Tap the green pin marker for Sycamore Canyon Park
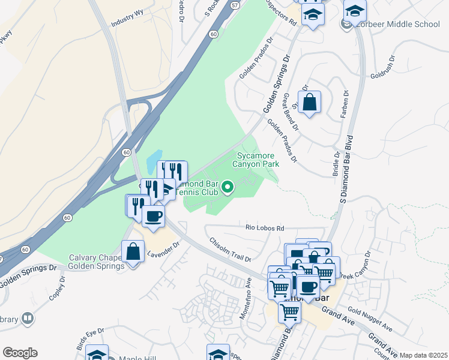click(x=228, y=188)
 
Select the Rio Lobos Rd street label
click(x=264, y=228)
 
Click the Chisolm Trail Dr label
click(x=230, y=249)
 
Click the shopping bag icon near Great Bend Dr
click(x=309, y=103)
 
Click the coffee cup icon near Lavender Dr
click(x=154, y=215)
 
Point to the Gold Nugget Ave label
click(x=369, y=320)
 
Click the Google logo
click(x=20, y=353)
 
